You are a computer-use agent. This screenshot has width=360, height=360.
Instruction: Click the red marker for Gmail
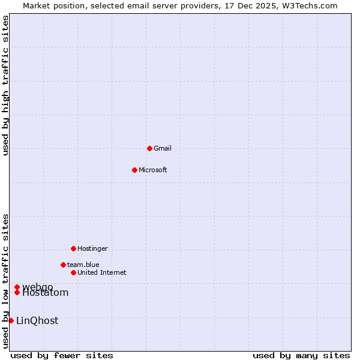[149, 148]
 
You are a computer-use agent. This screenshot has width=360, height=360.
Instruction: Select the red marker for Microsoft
[134, 170]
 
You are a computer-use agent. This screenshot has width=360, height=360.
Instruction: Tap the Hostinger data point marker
[73, 248]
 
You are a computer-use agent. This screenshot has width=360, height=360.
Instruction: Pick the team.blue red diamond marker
[63, 265]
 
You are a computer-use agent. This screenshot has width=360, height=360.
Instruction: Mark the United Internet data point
[73, 272]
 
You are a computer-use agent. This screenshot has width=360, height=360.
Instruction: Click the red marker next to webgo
[17, 287]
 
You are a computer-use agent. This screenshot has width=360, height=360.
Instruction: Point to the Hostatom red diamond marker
[17, 292]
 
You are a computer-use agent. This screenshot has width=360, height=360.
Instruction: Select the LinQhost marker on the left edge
[11, 320]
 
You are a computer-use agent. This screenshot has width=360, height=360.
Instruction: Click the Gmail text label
[163, 148]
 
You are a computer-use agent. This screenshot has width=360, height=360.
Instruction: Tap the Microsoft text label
[153, 170]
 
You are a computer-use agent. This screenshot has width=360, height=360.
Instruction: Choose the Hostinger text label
[92, 248]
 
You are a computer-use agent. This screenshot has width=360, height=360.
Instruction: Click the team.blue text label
[83, 265]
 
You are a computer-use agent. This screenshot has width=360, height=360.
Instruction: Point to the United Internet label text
[102, 272]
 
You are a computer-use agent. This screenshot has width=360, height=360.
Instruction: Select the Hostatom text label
[46, 293]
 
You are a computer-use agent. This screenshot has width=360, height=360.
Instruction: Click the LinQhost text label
[37, 321]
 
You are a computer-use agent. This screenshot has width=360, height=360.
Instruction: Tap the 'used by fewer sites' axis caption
[62, 355]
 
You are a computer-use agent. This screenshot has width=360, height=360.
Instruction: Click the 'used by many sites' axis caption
[301, 355]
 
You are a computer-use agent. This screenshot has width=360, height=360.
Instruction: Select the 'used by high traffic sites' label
[5, 85]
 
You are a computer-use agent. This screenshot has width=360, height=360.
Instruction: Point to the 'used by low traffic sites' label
[5, 281]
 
